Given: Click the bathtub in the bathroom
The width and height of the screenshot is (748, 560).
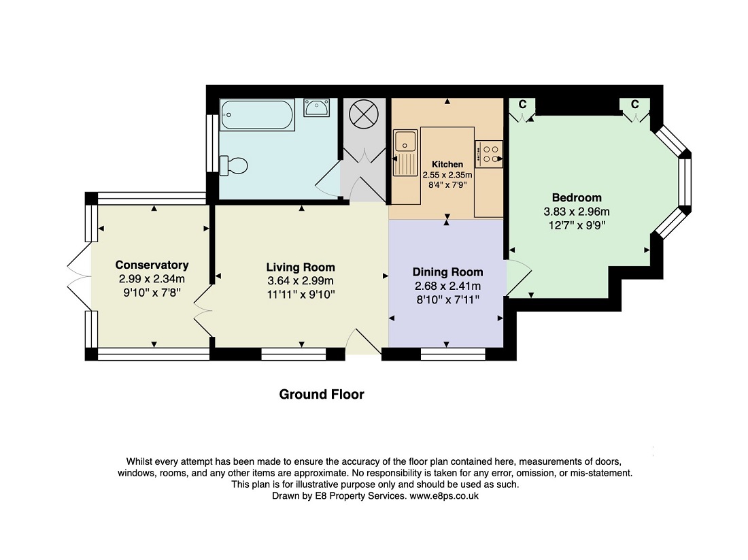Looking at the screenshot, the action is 257,114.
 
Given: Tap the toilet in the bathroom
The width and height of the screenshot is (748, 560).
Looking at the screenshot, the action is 234,165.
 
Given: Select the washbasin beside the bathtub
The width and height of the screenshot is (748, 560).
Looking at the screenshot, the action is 316,108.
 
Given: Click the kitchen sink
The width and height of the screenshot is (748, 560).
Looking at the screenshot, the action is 405,152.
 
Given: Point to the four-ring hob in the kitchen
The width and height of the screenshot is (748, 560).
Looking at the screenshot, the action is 489,154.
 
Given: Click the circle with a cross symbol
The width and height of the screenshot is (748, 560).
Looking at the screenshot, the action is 364,114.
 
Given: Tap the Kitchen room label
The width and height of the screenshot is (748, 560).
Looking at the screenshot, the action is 447,164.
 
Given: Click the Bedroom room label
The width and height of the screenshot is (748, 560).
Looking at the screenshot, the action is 577,197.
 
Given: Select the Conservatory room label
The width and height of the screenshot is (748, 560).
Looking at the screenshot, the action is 152,265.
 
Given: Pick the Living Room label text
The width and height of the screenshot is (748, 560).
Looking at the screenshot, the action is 301,267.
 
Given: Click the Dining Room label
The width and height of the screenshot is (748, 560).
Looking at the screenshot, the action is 447,272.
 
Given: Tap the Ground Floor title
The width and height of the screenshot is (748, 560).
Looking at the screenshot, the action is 322,395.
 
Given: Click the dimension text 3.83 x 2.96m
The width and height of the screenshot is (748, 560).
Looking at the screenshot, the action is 577,212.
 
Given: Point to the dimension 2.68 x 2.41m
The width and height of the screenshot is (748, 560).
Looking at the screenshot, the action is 447,286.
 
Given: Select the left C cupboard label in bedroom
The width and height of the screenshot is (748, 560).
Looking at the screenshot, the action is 522,104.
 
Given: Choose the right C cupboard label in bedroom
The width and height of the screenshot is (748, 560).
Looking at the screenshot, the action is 635,104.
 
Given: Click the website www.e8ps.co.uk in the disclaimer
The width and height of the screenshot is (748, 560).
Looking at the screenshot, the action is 444,496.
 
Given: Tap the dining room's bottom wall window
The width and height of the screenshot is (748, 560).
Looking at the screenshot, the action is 453,354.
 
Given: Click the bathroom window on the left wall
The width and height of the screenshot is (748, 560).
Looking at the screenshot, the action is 210,143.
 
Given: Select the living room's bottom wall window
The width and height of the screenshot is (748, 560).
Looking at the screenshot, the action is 293,354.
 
